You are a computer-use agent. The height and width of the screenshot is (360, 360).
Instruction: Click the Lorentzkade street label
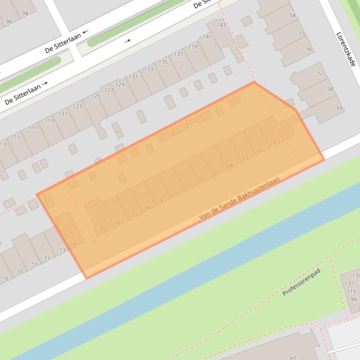(x=346, y=49)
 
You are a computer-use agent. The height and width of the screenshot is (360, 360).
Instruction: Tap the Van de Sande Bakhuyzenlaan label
(x=239, y=199)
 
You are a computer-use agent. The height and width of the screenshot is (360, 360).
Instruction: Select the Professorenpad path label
(x=301, y=282)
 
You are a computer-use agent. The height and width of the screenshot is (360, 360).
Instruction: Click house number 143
(x=221, y=25)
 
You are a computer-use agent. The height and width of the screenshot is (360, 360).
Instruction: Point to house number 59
(x=339, y=108)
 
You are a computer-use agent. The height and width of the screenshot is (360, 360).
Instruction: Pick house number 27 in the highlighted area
(x=273, y=144)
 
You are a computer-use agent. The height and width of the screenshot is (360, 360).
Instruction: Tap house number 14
(x=73, y=244)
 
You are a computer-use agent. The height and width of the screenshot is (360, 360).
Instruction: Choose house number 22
(x=202, y=179)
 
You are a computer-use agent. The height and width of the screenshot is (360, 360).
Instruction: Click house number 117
(x=33, y=128)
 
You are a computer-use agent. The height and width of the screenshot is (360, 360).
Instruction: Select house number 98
(x=25, y=13)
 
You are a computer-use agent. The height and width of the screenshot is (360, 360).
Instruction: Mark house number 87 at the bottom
(x=293, y=358)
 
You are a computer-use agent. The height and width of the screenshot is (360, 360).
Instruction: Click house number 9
(x=6, y=279)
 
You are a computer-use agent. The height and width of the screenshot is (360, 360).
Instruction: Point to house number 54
(x=293, y=15)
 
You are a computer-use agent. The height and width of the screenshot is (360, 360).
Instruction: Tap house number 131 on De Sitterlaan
(x=133, y=77)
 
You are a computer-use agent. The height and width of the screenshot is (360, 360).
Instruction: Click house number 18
(x=147, y=208)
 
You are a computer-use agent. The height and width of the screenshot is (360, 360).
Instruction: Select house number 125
(x=96, y=96)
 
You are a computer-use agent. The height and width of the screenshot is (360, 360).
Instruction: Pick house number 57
(x=321, y=73)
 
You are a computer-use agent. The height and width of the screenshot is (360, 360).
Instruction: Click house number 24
(x=229, y=165)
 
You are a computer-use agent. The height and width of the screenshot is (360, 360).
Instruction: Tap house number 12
(x=47, y=258)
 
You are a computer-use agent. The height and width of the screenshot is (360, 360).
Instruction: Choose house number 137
(x=178, y=54)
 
